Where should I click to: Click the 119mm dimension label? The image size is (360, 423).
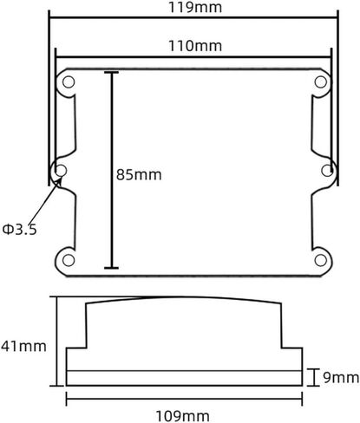tap(195, 7)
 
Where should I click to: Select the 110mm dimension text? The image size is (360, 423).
tap(195, 46)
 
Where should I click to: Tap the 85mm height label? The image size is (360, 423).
tap(139, 175)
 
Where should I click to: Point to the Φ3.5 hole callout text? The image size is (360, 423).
tap(20, 230)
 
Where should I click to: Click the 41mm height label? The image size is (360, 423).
tap(23, 346)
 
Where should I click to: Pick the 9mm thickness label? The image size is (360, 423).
tap(341, 377)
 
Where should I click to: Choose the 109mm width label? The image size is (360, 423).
tap(183, 416)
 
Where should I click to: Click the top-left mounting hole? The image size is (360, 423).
tap(69, 82)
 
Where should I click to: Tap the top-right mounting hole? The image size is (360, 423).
tap(321, 82)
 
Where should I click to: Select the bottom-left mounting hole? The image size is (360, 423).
tap(69, 260)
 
